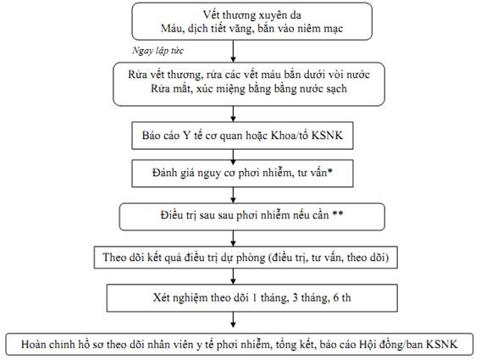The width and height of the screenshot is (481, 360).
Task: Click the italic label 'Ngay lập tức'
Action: coord(158,51)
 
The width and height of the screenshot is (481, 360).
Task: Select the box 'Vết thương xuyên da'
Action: coord(252,21)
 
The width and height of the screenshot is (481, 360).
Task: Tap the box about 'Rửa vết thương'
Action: coord(249,84)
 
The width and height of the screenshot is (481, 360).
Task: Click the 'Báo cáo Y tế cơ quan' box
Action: coord(242,136)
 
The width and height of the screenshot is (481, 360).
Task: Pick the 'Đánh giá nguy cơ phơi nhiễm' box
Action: coord(242,174)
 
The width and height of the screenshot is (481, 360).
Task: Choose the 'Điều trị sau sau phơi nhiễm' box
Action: coord(252,217)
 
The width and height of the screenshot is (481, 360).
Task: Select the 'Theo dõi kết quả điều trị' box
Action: coord(246,258)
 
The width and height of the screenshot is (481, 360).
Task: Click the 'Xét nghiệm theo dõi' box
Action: coord(252,298)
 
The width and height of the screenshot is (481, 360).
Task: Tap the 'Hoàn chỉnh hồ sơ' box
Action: coord(240,345)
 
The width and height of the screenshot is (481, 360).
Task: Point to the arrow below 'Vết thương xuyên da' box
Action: coord(233,51)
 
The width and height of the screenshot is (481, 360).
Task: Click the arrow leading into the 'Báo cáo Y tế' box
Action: coord(233,114)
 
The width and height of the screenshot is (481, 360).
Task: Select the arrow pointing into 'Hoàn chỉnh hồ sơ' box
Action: coord(233,320)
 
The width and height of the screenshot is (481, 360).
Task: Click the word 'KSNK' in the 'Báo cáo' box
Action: coord(327,136)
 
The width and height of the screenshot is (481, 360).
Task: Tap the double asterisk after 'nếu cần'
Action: coord(338,213)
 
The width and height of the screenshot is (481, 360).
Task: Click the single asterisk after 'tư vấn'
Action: coord(329,171)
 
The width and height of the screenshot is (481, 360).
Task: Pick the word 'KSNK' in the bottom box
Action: coord(442,344)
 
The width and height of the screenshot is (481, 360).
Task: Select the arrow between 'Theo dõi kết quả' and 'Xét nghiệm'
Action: coord(233,276)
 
